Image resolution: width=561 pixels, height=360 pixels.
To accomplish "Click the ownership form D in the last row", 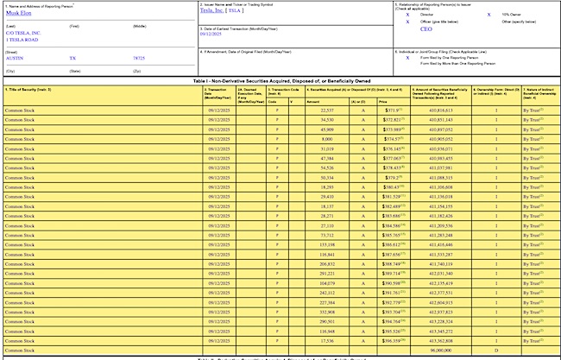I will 495,351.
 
